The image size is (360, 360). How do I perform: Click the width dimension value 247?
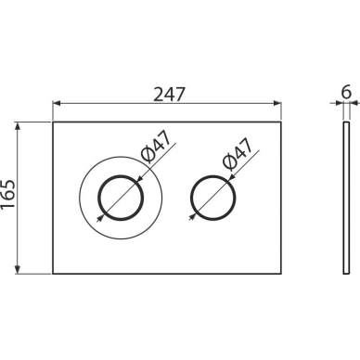click(169, 94)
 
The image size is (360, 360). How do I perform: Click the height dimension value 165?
click(7, 194)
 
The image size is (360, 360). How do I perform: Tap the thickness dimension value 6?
click(346, 92)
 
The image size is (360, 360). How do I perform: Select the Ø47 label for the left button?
click(156, 147)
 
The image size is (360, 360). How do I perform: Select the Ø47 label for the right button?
click(238, 154)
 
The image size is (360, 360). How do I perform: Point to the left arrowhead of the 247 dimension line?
click(57, 103)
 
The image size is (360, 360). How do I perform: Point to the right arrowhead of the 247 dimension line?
click(277, 103)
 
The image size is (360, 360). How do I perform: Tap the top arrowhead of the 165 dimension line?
click(18, 125)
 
